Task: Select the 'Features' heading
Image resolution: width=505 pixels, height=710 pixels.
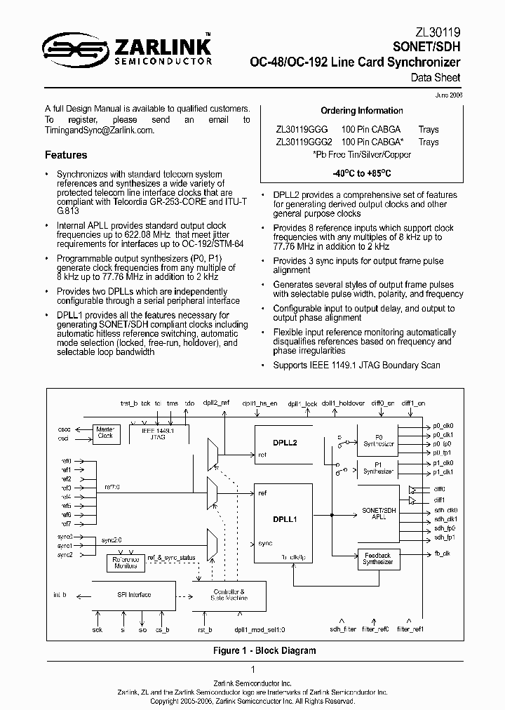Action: [x=66, y=155]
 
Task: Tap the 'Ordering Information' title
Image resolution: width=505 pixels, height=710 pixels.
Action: [x=362, y=111]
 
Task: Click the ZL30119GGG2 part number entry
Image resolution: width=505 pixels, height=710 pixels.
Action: [x=304, y=142]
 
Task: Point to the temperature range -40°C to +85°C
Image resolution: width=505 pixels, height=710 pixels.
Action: [x=362, y=172]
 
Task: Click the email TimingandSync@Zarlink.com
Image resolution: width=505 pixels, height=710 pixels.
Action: [x=99, y=130]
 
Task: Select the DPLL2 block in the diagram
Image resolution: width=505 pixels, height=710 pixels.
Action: [x=285, y=443]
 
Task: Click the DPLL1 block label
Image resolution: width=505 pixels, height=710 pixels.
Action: [x=285, y=520]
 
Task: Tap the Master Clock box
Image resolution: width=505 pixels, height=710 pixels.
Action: [x=105, y=432]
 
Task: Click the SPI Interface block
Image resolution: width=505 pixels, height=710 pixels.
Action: [x=133, y=595]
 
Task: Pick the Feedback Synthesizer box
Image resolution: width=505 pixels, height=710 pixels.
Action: [x=378, y=558]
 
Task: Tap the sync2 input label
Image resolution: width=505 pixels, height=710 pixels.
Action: [x=65, y=554]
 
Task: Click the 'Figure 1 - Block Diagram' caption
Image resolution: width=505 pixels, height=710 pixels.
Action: [x=264, y=650]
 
